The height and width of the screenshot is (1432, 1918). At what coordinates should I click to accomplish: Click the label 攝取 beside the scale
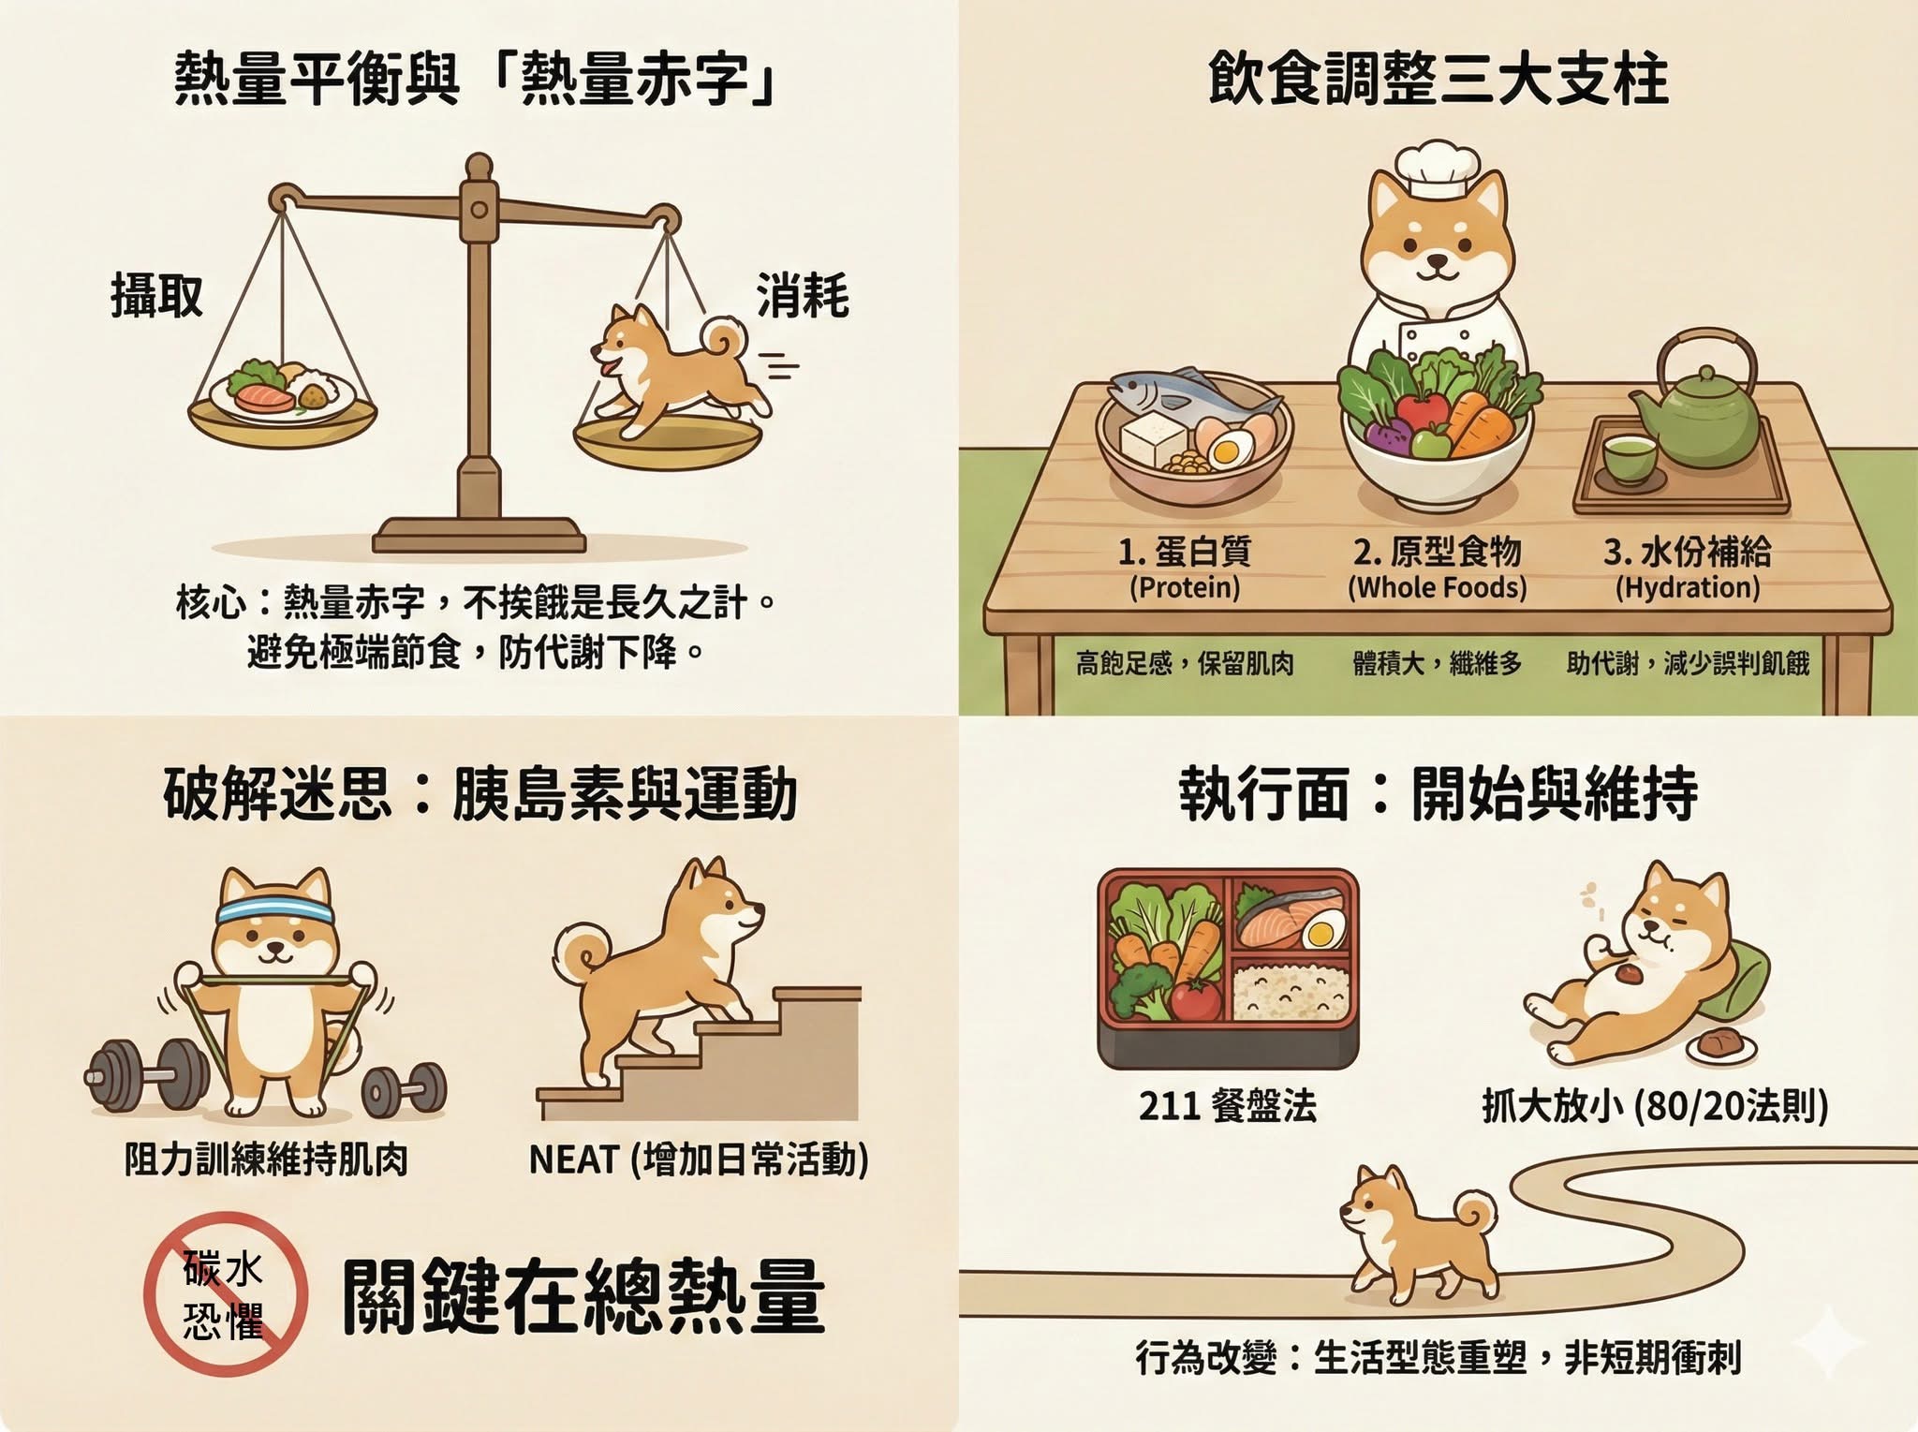[156, 295]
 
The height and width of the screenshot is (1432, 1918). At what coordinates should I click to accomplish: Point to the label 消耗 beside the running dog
[803, 295]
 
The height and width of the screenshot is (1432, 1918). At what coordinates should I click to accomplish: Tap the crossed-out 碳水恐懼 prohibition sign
[226, 1293]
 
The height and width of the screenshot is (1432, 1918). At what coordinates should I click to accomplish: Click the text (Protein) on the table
[1185, 587]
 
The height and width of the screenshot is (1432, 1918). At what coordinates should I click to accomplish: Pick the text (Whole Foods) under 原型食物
[1437, 587]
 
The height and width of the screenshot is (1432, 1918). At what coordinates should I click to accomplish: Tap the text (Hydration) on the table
[1688, 587]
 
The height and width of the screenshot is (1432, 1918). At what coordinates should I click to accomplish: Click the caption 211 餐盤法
[1228, 1106]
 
